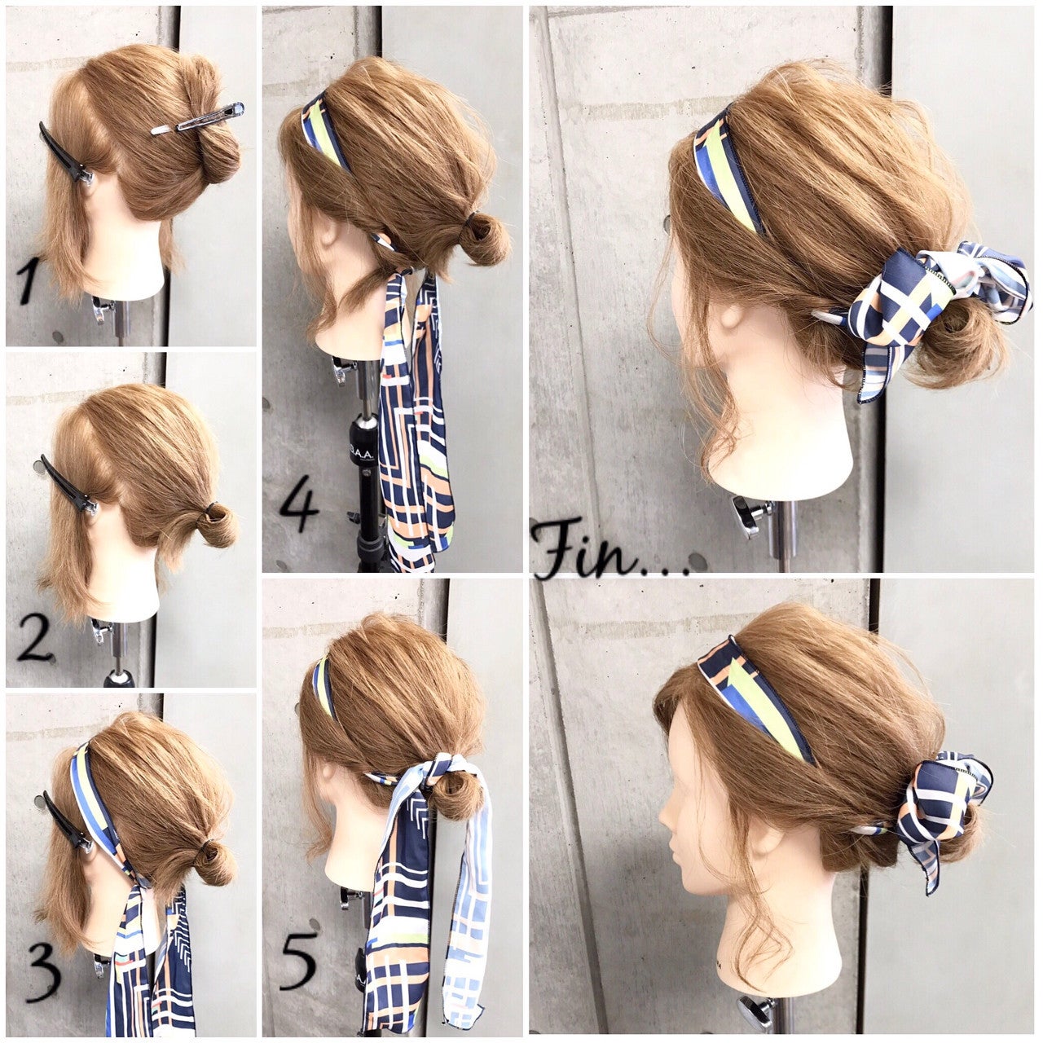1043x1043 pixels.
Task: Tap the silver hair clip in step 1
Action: pyautogui.click(x=197, y=119)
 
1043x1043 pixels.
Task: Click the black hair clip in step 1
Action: pyautogui.click(x=64, y=153)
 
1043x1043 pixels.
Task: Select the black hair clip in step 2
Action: pyautogui.click(x=68, y=485)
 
